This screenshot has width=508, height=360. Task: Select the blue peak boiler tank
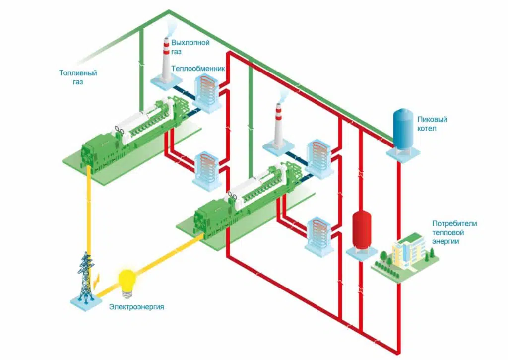[402, 130]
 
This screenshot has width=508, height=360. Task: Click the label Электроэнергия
[136, 307]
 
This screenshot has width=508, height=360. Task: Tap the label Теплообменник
[198, 69]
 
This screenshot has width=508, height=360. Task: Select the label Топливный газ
[78, 77]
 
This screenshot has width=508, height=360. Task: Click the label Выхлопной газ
[190, 47]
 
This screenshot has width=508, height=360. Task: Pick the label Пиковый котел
[432, 124]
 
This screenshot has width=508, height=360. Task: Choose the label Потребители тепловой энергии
[454, 232]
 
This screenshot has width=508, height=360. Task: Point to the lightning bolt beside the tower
[96, 280]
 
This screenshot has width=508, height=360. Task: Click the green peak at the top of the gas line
[169, 11]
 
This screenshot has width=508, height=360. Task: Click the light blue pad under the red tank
[362, 253]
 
